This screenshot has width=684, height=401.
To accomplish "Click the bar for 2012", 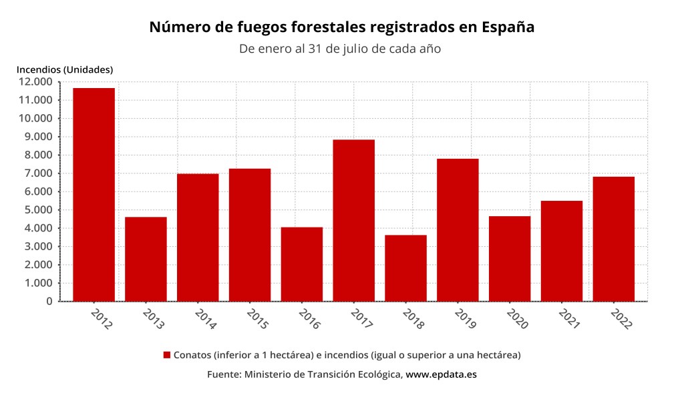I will [94, 194].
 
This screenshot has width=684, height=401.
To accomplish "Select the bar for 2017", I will [353, 220].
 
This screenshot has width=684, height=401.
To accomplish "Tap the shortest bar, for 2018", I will [405, 268].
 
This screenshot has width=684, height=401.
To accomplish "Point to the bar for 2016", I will [301, 264].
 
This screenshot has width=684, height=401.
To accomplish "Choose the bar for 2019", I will [458, 230].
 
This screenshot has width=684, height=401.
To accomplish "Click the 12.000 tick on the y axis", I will [35, 82].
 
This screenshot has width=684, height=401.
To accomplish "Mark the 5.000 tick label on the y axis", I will [38, 210].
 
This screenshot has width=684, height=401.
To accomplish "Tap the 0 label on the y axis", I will [49, 302].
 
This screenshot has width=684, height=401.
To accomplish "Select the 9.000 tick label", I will [38, 137].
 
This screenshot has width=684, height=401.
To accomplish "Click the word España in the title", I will [507, 27].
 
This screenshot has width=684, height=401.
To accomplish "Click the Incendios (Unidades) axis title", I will [65, 69].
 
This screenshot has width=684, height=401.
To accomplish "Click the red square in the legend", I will [167, 355].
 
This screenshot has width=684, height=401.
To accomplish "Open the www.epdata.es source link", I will [441, 374].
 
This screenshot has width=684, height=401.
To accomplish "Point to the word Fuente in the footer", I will [223, 374].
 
